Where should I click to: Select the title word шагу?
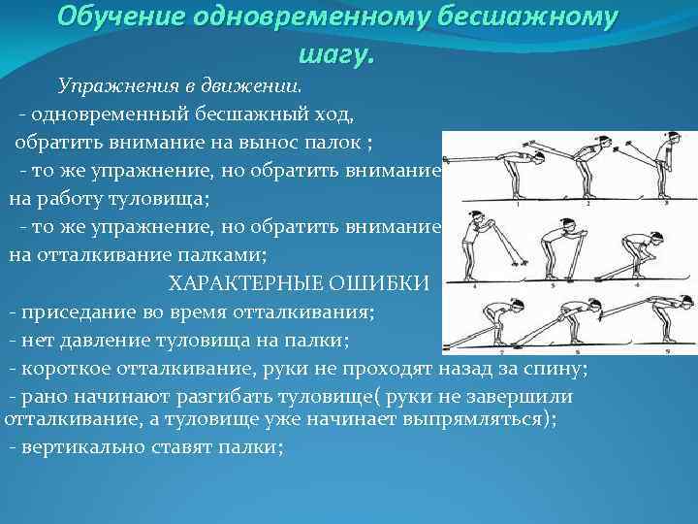tap(335, 54)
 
